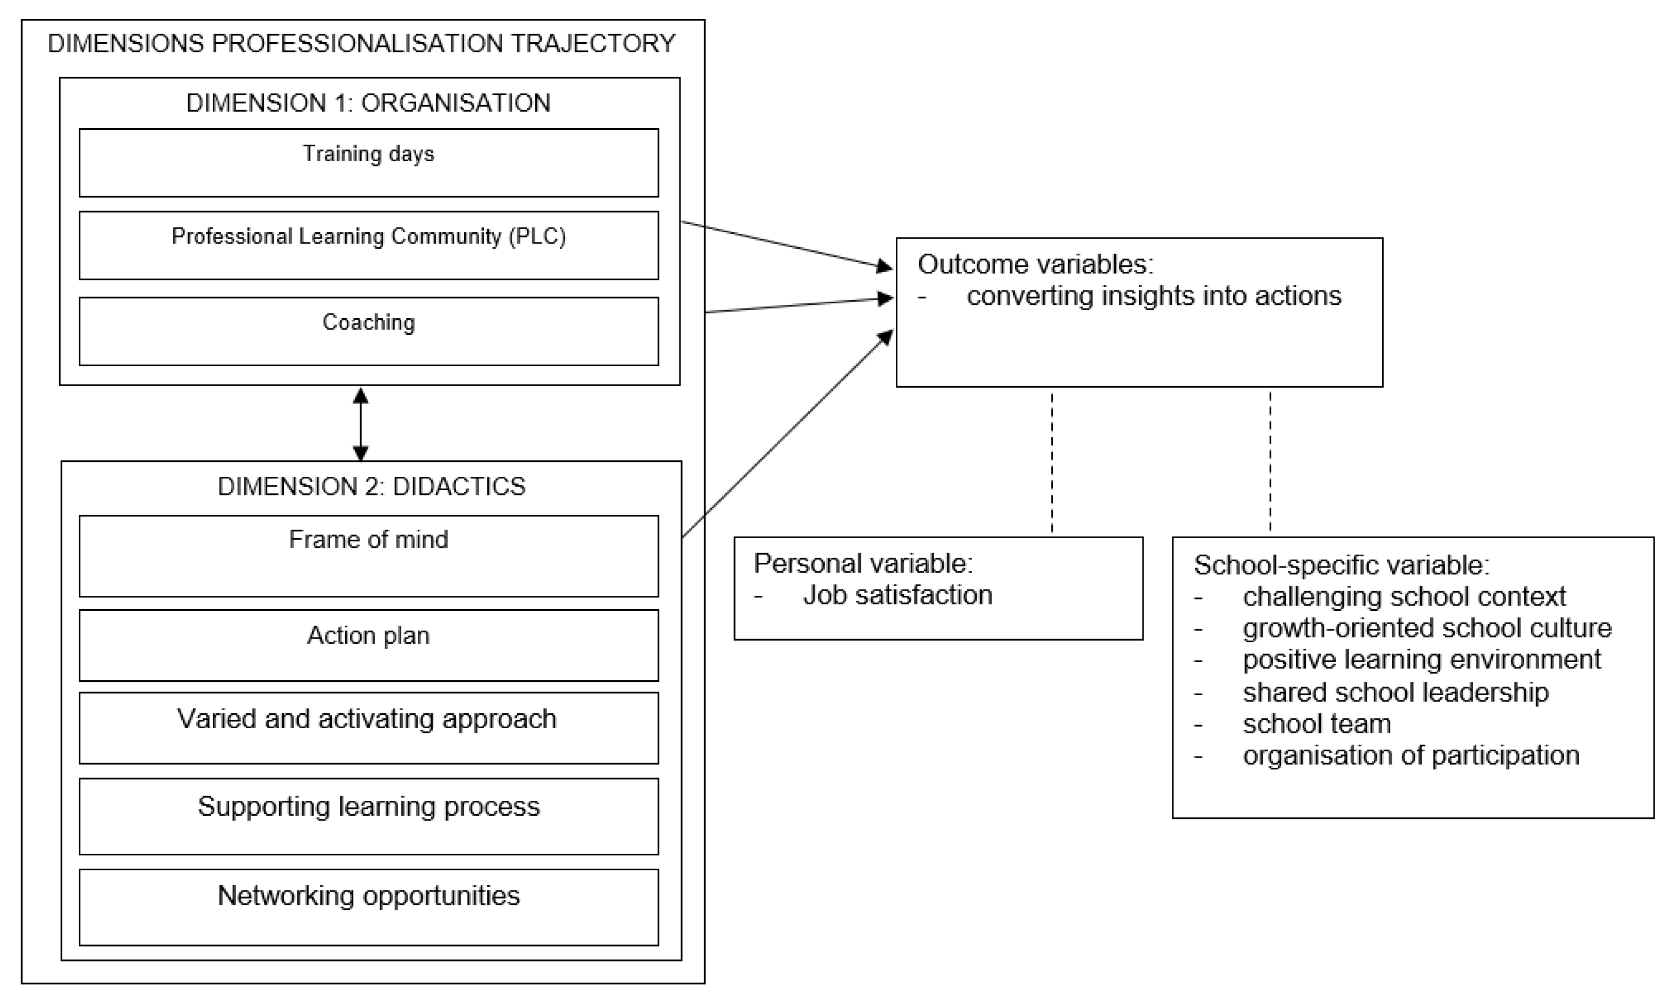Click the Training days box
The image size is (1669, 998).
(x=369, y=163)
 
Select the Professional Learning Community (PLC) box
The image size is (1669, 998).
(x=369, y=246)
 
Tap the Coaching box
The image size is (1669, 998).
(x=369, y=331)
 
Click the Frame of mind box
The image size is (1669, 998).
(x=369, y=556)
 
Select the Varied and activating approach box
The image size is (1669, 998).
(x=369, y=728)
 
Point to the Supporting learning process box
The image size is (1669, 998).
(x=369, y=816)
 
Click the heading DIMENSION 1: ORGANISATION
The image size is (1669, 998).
(x=369, y=103)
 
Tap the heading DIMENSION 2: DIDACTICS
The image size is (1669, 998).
(x=371, y=486)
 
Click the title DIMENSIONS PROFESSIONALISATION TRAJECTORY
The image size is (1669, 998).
(x=362, y=44)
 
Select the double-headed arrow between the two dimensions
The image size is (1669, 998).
(x=361, y=424)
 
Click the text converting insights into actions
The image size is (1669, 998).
(x=1154, y=296)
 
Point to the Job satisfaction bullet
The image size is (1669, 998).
(x=897, y=595)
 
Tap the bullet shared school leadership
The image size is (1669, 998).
(x=1395, y=692)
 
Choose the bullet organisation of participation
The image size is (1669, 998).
(x=1411, y=755)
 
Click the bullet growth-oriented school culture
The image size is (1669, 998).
(x=1427, y=628)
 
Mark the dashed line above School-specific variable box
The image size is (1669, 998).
(x=1270, y=462)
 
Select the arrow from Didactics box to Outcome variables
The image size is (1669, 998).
(x=787, y=434)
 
